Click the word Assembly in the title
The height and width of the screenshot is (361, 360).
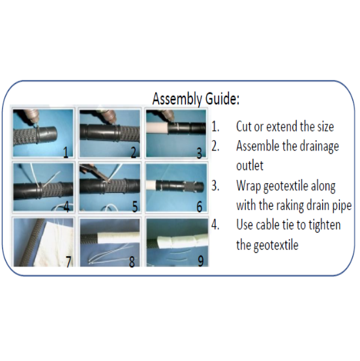coord(177,99)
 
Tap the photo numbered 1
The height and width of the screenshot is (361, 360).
coord(43,133)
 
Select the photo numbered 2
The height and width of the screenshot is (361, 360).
coord(110,133)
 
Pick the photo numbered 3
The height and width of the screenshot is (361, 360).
coord(176,133)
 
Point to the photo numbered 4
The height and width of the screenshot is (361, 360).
coord(43,187)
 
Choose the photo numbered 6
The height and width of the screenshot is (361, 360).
coord(176,187)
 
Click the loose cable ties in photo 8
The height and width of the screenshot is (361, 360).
coord(112,255)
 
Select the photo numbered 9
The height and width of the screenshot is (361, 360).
coord(177,242)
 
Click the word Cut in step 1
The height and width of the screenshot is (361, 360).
coord(244,126)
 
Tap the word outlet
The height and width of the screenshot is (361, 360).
coord(250,166)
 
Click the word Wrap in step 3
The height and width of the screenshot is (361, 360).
coord(248,186)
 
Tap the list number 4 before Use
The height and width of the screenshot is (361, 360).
coord(215,225)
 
